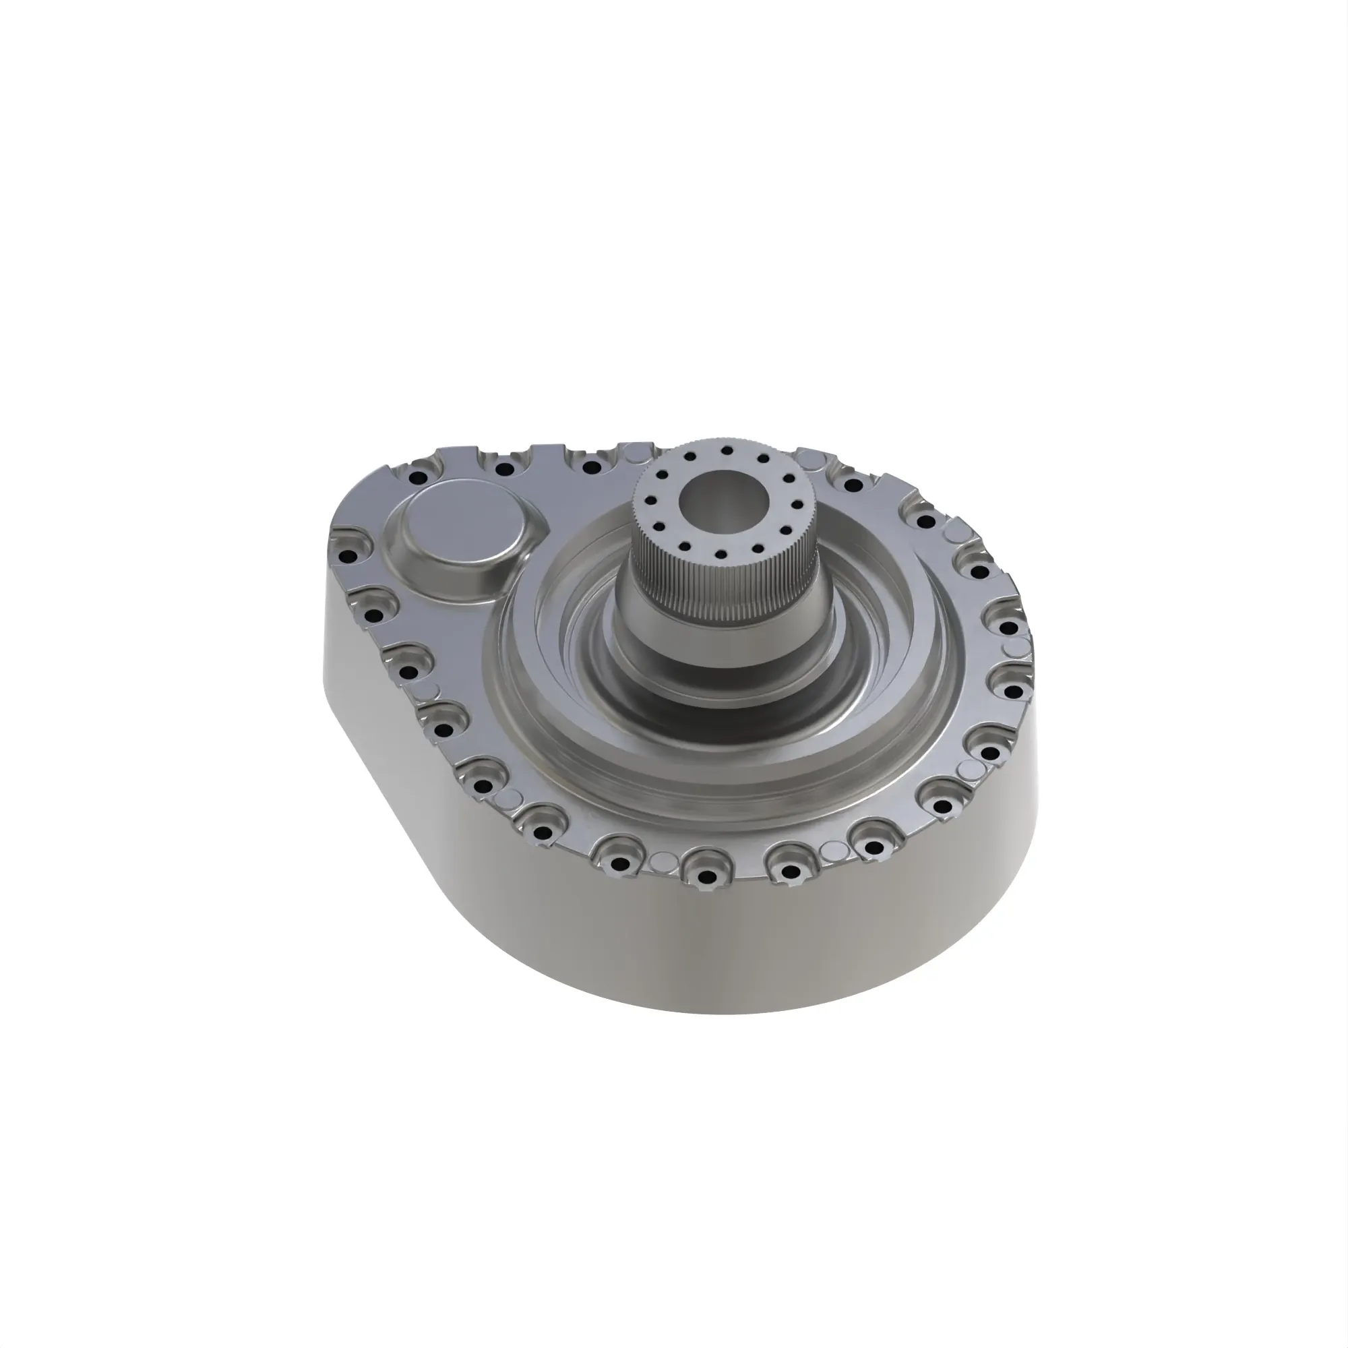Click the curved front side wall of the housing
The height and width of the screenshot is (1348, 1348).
[698, 977]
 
